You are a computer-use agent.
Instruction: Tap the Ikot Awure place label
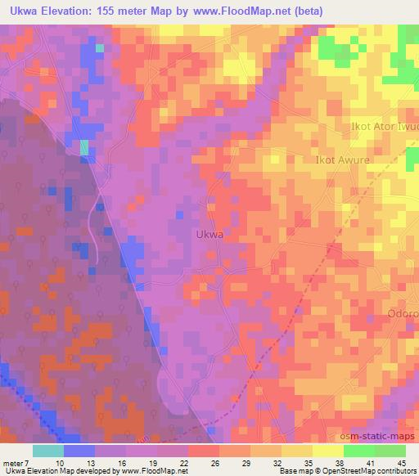point(342,160)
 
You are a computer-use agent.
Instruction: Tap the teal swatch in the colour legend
point(48,451)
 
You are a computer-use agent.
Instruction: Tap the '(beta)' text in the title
point(304,12)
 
